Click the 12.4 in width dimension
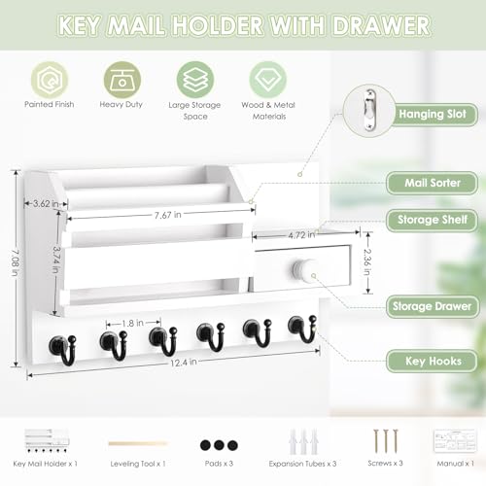pos(182,361)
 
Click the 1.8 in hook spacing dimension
pos(133,323)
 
